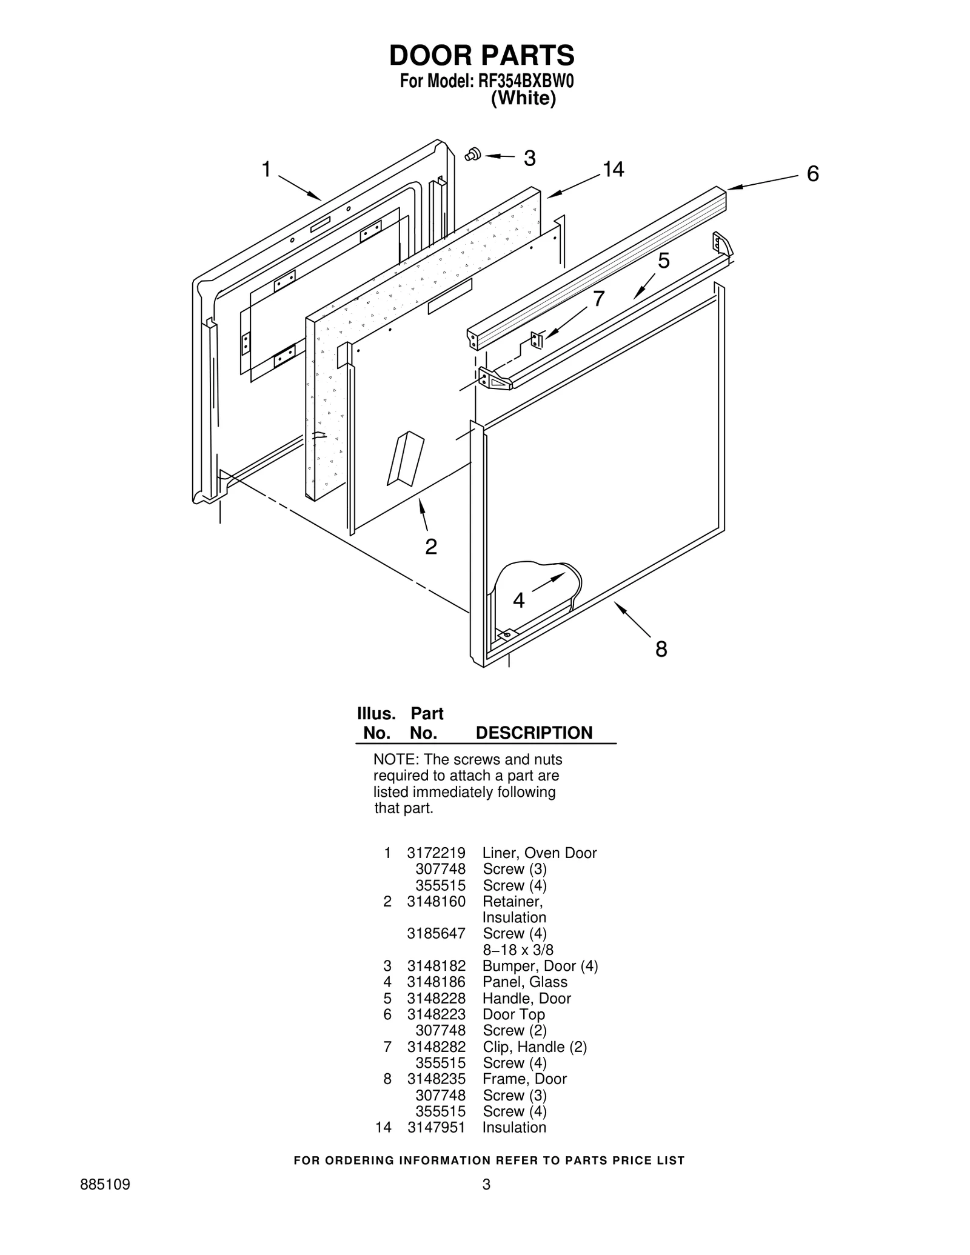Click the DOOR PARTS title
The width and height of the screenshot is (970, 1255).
pyautogui.click(x=481, y=56)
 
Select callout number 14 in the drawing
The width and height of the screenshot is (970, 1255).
pyautogui.click(x=613, y=170)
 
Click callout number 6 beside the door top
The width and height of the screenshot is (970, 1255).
pyautogui.click(x=812, y=174)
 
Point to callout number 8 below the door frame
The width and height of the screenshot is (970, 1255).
pyautogui.click(x=661, y=650)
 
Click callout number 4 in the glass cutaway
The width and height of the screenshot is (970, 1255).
pyautogui.click(x=518, y=601)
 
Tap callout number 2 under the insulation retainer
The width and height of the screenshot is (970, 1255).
pyautogui.click(x=430, y=547)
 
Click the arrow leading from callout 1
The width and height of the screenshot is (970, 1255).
pyautogui.click(x=299, y=187)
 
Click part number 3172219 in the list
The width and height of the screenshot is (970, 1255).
pyautogui.click(x=436, y=853)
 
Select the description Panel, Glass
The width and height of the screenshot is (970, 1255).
pyautogui.click(x=524, y=982)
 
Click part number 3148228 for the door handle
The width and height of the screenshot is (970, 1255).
pyautogui.click(x=436, y=999)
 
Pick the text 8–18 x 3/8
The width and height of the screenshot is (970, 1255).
pyautogui.click(x=518, y=950)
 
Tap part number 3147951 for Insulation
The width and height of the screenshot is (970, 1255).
pyautogui.click(x=436, y=1128)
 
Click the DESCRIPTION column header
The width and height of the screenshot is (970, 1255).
pyautogui.click(x=533, y=733)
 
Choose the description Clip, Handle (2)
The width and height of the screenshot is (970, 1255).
pyautogui.click(x=535, y=1047)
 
